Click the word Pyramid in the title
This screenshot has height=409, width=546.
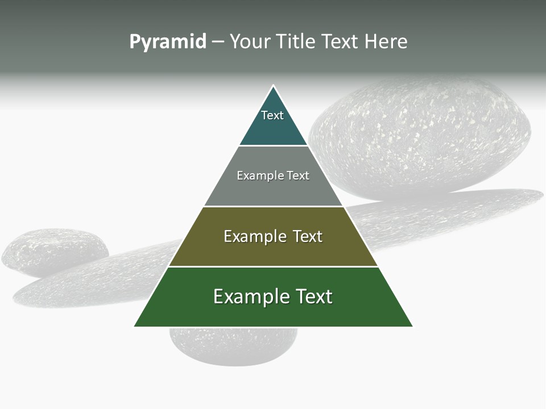[x=168, y=42]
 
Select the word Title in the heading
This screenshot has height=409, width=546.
[x=296, y=42]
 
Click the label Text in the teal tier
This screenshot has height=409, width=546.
[x=272, y=115]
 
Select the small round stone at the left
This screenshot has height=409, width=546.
[x=54, y=250]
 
